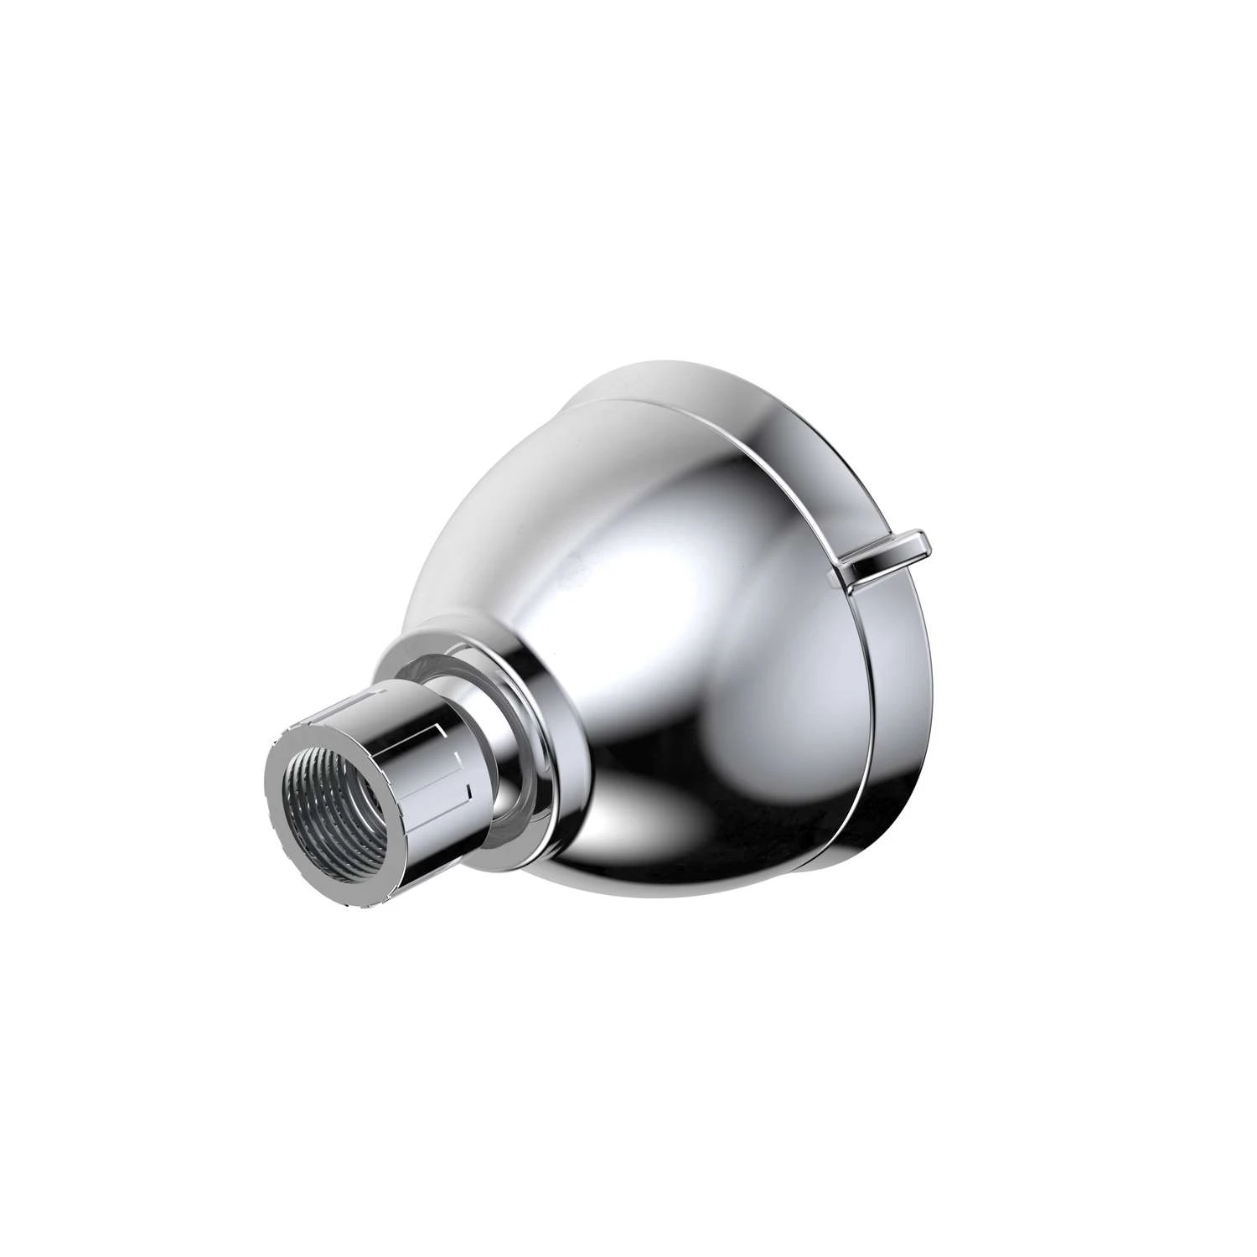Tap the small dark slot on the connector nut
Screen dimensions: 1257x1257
[x=469, y=789]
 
